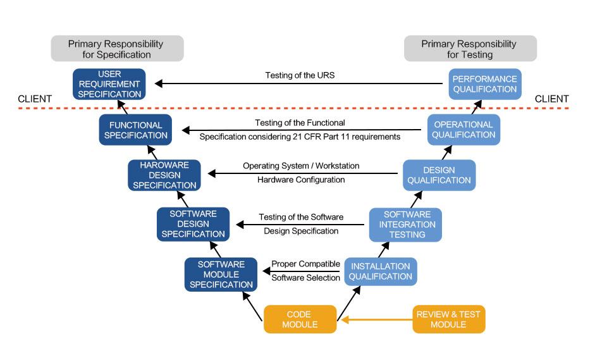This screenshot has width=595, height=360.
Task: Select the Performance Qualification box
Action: point(484,84)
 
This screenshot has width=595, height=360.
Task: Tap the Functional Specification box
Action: point(137,130)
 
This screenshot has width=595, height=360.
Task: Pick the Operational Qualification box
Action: point(464,130)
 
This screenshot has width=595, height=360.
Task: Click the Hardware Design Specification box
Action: point(163,175)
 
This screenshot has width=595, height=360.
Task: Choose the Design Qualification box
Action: point(439,175)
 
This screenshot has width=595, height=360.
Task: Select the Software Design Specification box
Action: point(193,224)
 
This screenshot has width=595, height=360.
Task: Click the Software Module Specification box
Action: point(221,275)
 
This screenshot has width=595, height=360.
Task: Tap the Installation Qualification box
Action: point(381,271)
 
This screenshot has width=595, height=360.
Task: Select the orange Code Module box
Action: point(299,320)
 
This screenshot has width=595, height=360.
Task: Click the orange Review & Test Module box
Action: point(448,320)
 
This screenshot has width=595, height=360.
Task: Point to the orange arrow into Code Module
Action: point(373,320)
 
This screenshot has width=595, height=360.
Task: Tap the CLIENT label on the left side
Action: point(35,99)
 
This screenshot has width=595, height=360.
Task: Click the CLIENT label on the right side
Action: point(551,99)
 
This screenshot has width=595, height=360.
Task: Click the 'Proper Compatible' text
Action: point(306,264)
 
